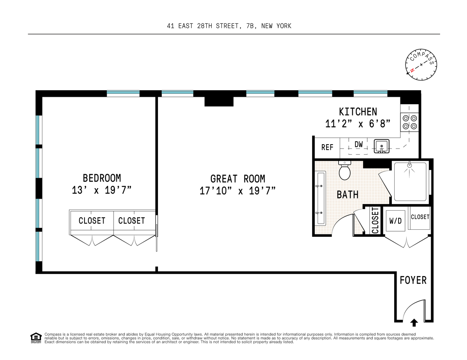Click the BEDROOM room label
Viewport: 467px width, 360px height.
coord(102,178)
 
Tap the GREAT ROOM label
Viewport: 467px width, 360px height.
coord(238,179)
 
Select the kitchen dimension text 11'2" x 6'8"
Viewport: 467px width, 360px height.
coord(358,124)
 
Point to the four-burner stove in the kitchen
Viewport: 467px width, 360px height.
coord(410,122)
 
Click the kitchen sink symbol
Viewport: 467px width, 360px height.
coord(381,146)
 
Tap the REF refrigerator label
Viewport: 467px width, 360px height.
coord(327,147)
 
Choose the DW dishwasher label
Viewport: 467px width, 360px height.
coord(358,144)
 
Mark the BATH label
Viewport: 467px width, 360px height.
coord(348,195)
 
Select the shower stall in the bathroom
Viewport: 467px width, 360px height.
coord(410,182)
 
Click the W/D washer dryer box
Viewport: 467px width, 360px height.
coord(395,221)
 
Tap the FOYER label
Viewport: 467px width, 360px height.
coord(413,280)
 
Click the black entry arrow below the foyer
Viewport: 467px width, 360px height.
coord(414,323)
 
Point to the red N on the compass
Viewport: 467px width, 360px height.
coord(412,70)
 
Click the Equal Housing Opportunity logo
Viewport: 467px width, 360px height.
coord(36,338)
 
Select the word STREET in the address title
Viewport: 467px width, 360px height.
coord(227,26)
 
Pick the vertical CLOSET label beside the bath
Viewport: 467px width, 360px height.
coord(375,220)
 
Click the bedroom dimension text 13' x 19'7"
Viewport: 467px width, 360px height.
coord(102,190)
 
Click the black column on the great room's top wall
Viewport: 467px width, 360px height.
coord(219,101)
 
